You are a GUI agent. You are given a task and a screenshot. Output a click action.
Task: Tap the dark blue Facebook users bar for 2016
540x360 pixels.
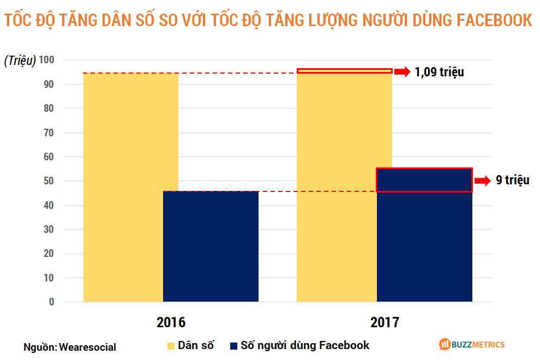(x=211, y=246)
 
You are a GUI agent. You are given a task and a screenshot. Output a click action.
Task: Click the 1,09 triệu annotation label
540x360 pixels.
(x=439, y=72)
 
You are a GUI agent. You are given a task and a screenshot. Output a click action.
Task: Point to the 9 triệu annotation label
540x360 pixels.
(x=512, y=181)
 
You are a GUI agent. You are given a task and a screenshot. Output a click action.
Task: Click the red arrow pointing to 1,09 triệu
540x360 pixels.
(x=402, y=71)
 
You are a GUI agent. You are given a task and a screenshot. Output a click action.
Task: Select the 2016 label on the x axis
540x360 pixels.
(x=171, y=322)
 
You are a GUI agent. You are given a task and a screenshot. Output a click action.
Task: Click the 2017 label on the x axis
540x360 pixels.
(x=385, y=322)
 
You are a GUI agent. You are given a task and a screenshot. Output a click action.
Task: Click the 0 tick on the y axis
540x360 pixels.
(x=52, y=302)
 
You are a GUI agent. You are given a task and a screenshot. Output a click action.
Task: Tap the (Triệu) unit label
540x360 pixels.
(x=20, y=61)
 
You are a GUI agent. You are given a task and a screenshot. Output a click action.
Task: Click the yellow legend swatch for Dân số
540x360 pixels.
(x=171, y=346)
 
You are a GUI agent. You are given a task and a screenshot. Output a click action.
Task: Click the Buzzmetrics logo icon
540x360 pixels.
(x=444, y=344)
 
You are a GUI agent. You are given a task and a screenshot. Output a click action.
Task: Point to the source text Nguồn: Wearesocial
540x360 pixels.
(x=70, y=347)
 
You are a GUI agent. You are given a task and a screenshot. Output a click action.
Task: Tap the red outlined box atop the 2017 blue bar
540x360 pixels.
(x=424, y=180)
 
